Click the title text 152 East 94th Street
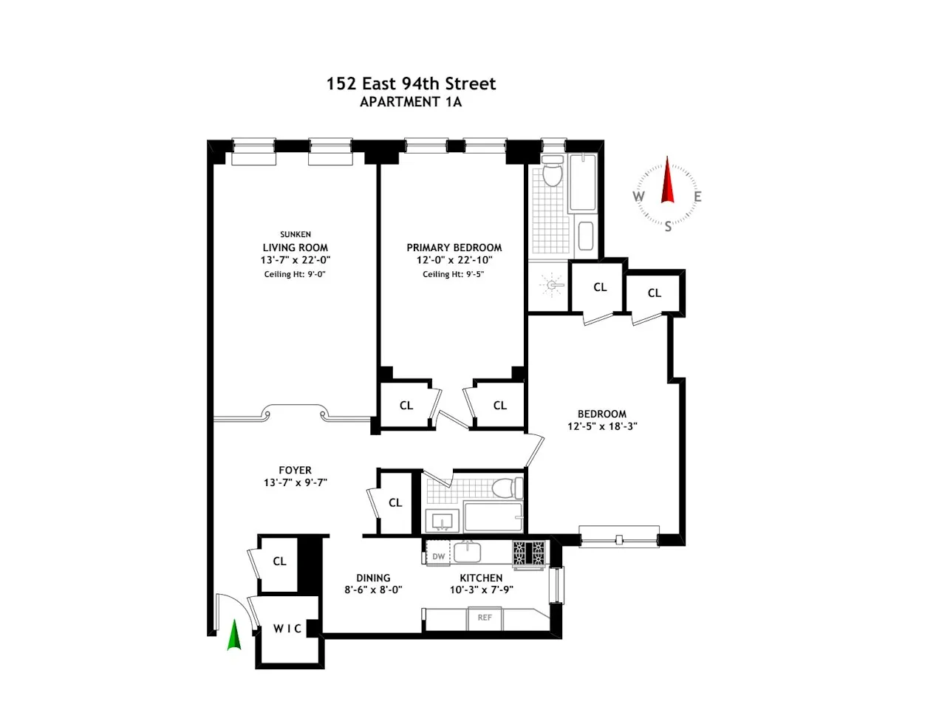(411, 83)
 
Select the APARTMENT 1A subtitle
(411, 102)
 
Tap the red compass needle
(668, 181)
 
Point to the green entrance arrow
(233, 635)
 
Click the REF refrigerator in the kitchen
(485, 618)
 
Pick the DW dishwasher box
(439, 556)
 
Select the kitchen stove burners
(529, 553)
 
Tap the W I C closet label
(287, 629)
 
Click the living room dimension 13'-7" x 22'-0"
(296, 260)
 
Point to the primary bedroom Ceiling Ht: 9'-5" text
(454, 274)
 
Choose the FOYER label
(296, 470)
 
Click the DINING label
(373, 578)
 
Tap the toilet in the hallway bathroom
(508, 488)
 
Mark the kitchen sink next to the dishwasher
(468, 552)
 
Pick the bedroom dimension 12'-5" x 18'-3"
(602, 426)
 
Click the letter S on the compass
(668, 226)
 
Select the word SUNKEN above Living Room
(296, 234)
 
